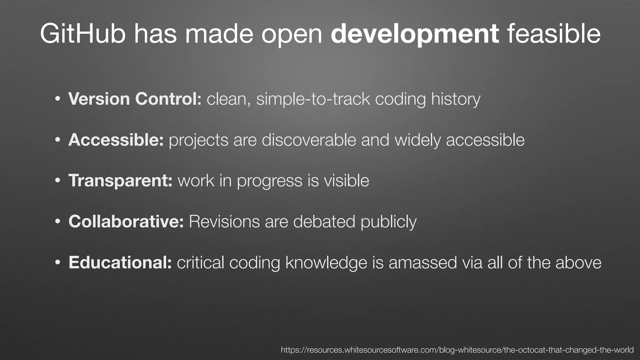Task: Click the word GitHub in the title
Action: click(x=82, y=34)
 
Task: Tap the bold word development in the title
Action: click(x=415, y=34)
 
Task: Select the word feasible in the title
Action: click(x=553, y=34)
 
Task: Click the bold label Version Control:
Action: click(x=135, y=99)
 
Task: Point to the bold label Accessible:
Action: click(x=116, y=140)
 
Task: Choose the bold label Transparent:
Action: click(x=120, y=181)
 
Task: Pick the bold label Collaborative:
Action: click(x=126, y=222)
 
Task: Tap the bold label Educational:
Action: click(x=120, y=262)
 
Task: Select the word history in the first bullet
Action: click(x=456, y=99)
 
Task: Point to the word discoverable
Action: click(x=309, y=140)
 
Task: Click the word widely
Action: click(x=417, y=140)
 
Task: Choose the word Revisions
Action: click(x=224, y=222)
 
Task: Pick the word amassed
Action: click(x=423, y=262)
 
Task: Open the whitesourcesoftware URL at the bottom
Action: click(x=457, y=350)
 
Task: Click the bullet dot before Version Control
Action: click(x=57, y=99)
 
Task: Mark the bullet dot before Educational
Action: click(x=57, y=263)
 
